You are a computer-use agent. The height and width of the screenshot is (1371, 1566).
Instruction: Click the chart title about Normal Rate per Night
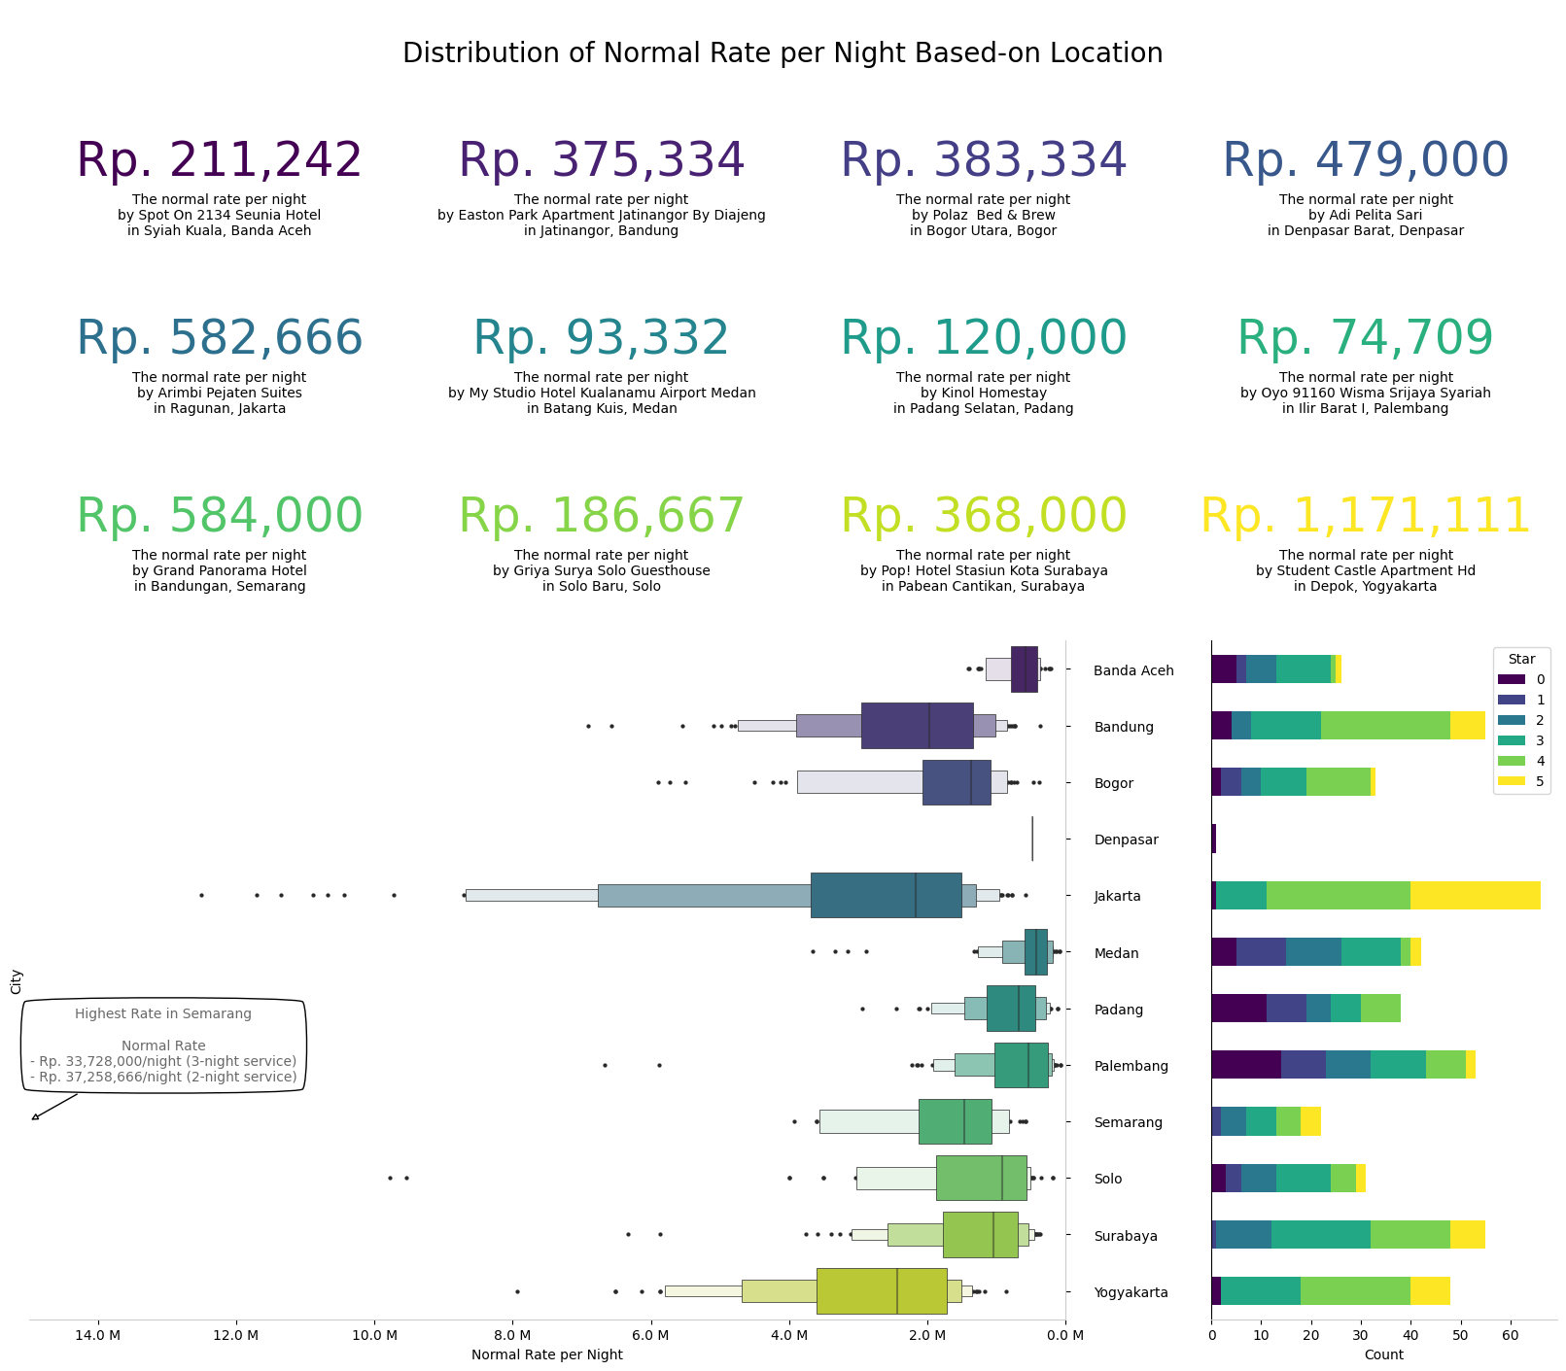point(783,53)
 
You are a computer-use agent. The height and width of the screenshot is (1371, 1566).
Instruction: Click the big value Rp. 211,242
point(220,160)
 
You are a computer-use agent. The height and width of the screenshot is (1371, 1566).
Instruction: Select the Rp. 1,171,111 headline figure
point(1365,516)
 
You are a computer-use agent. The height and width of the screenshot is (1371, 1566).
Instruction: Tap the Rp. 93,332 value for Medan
point(601,338)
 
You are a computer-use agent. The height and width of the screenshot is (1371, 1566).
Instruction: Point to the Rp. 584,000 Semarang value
point(220,516)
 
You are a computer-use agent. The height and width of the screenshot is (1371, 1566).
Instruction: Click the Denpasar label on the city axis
point(1126,840)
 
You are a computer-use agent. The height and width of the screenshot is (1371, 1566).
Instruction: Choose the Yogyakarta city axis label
point(1131,1292)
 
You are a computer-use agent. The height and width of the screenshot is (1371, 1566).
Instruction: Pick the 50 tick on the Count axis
point(1461,1335)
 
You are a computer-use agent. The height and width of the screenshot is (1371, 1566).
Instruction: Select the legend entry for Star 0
point(1521,679)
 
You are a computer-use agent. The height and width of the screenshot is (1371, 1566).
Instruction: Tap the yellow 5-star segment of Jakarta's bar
point(1475,895)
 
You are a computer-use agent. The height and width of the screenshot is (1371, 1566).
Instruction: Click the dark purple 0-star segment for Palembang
point(1246,1065)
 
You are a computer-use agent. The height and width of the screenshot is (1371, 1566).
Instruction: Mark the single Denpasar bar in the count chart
point(1213,839)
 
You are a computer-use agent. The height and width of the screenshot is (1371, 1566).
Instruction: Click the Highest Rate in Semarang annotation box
point(163,1045)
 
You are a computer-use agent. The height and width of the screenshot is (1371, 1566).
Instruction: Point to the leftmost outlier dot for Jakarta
point(201,895)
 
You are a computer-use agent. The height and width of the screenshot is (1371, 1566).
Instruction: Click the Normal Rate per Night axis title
point(547,1354)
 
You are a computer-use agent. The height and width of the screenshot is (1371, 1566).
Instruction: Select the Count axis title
point(1383,1354)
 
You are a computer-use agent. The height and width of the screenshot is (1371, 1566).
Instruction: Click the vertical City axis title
point(16,981)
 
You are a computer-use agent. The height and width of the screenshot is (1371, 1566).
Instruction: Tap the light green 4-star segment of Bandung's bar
point(1385,726)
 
